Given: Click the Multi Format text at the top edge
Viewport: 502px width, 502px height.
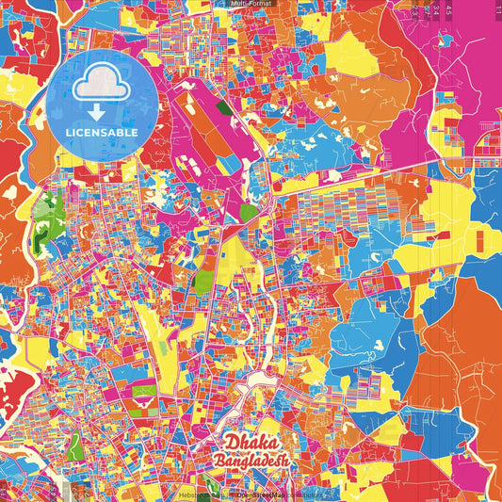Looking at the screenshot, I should [x=251, y=4].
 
